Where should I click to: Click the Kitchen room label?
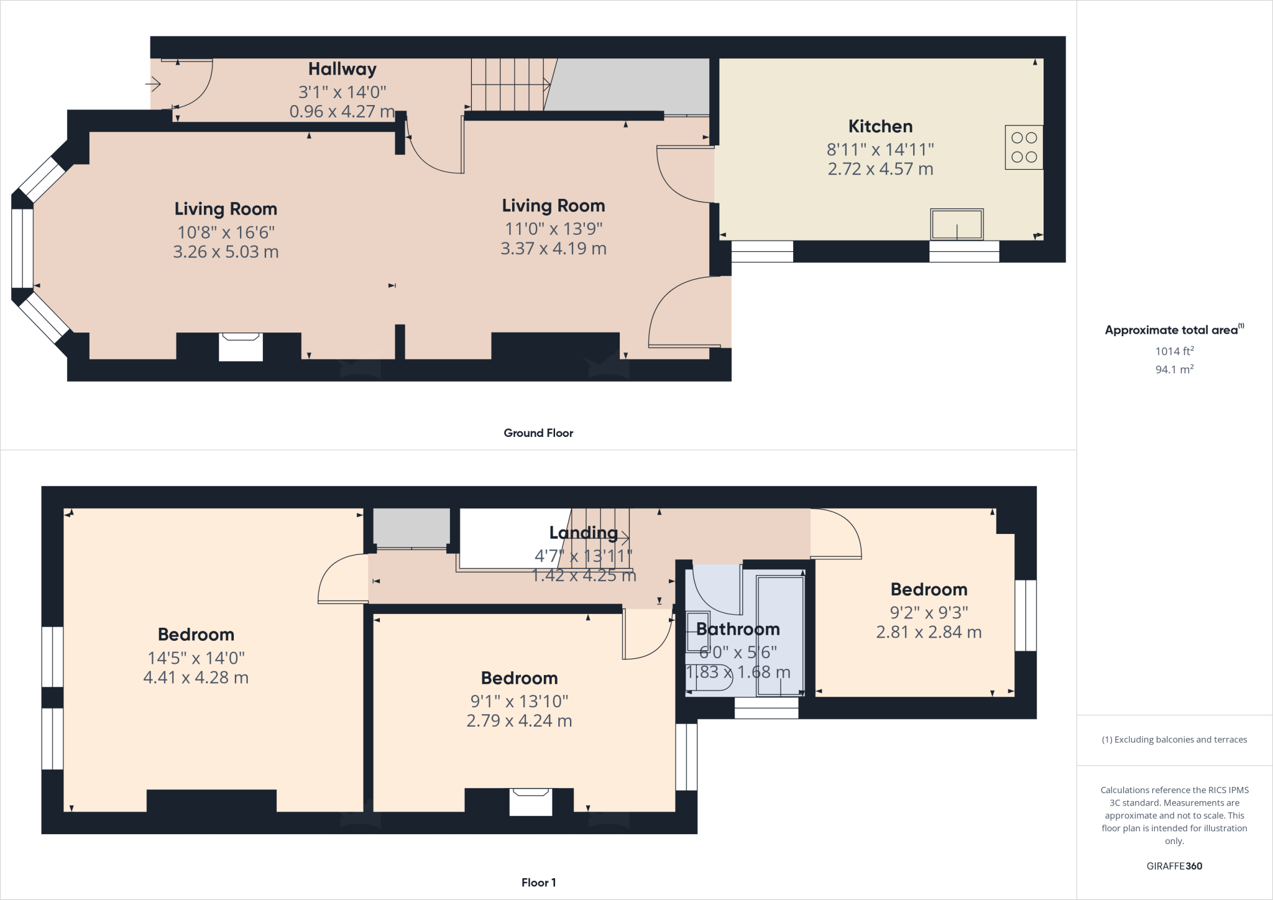(x=880, y=126)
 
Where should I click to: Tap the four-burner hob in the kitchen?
(x=1023, y=147)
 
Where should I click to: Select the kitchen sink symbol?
(x=957, y=224)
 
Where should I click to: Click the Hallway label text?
(x=342, y=69)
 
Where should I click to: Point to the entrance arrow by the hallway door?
(x=154, y=83)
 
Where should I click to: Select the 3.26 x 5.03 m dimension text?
(x=226, y=252)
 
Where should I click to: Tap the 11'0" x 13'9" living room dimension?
(x=553, y=229)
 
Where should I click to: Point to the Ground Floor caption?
(x=538, y=433)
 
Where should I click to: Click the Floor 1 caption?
(x=538, y=882)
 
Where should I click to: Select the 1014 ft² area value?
(x=1174, y=351)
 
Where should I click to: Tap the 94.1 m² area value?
(x=1174, y=369)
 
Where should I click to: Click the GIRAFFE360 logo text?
(x=1174, y=866)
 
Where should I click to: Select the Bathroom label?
(x=738, y=629)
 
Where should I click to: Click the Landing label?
(x=583, y=533)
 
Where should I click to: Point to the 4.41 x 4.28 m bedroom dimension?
(x=196, y=677)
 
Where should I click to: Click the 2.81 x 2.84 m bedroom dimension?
(x=929, y=632)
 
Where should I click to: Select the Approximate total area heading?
(x=1172, y=330)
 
